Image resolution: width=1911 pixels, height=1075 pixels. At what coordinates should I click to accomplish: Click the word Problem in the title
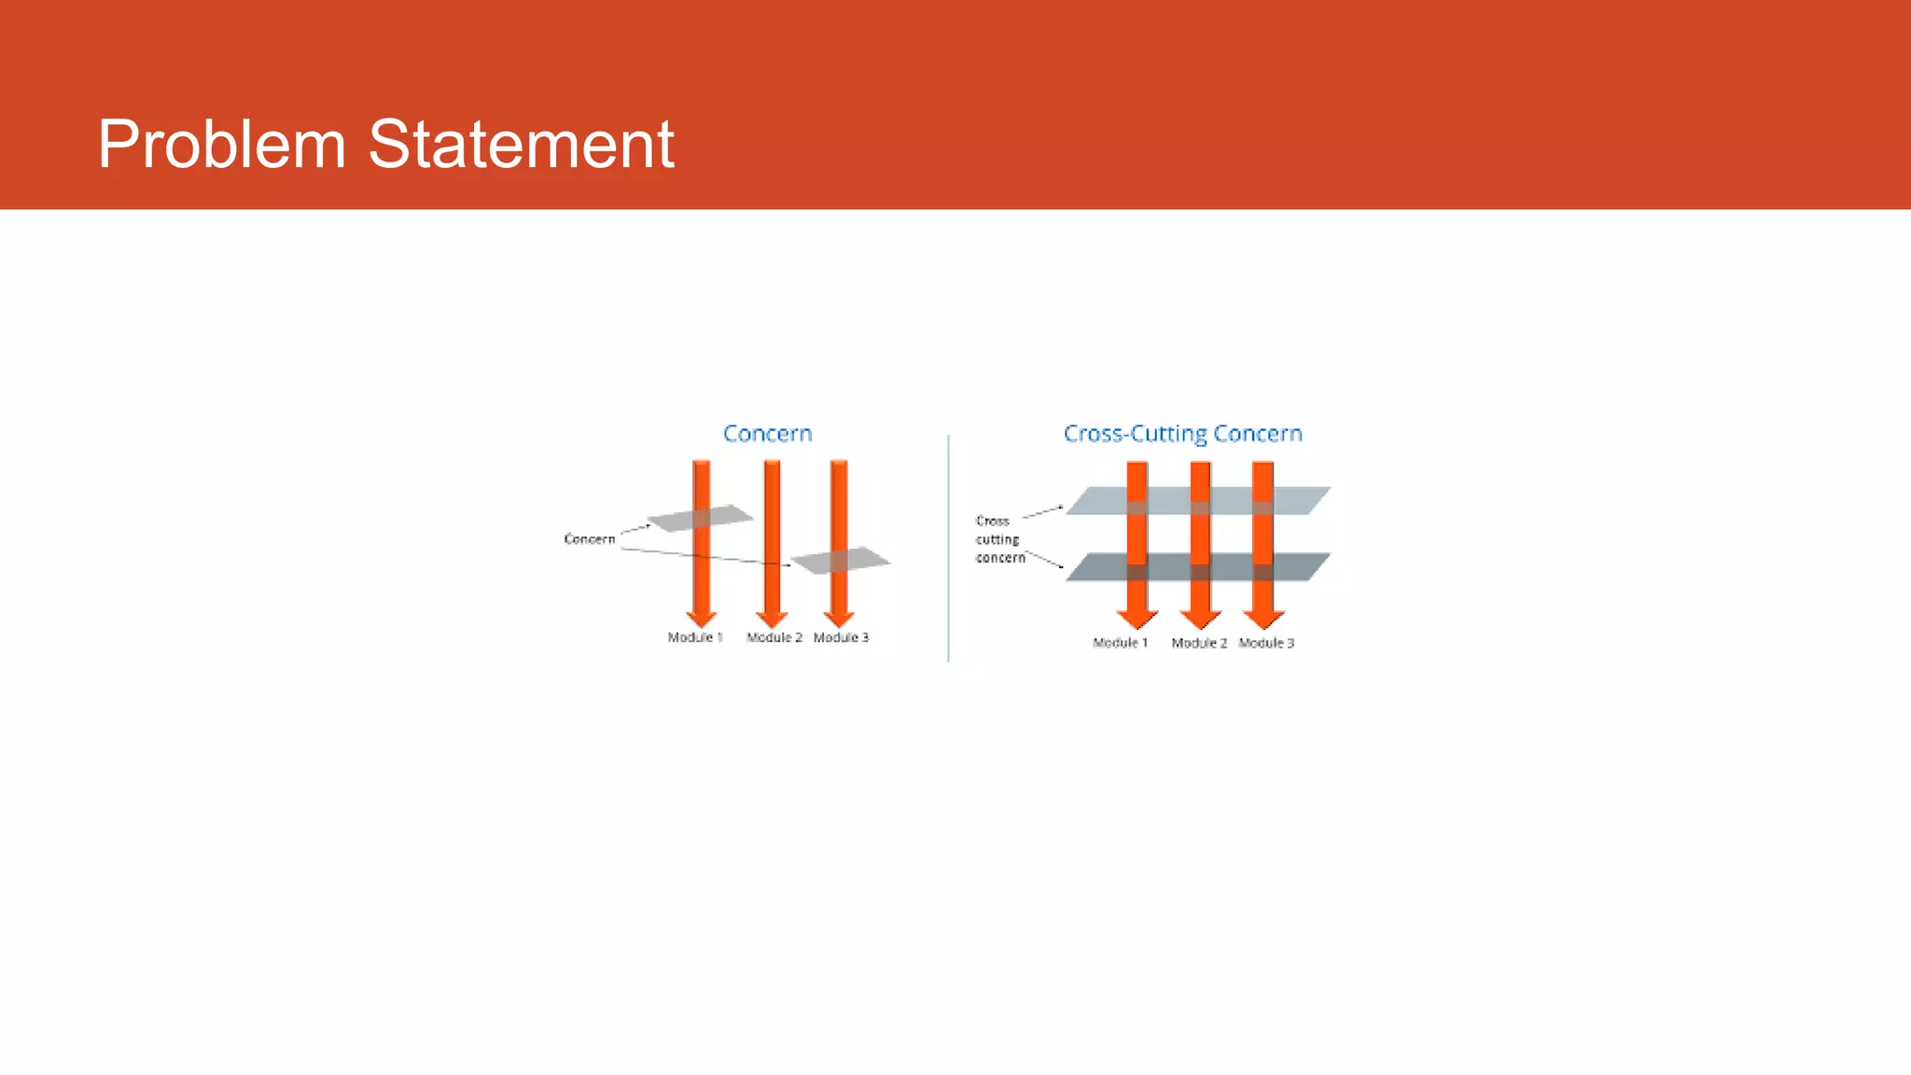pos(222,145)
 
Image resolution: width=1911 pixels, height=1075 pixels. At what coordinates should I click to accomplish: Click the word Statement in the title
pos(521,145)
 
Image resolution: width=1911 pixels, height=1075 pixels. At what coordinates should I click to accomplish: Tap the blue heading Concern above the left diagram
pos(768,434)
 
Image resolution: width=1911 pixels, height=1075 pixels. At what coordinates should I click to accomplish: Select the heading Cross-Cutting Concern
pos(1182,434)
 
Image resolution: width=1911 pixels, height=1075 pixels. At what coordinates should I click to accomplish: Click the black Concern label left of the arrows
pos(590,539)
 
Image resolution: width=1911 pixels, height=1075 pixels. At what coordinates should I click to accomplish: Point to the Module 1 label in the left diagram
pos(695,637)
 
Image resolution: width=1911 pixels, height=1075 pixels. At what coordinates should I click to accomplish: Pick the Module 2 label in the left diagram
pos(774,637)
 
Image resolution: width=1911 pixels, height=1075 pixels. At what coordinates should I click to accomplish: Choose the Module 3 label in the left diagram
pos(841,637)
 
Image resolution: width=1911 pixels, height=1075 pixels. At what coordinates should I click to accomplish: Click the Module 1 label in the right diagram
pos(1120,643)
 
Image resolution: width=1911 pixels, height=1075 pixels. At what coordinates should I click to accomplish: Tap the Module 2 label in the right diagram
pos(1199,643)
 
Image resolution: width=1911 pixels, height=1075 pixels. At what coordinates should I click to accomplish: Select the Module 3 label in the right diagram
pos(1266,643)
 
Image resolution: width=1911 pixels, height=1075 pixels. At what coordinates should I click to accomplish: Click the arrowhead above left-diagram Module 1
pos(702,619)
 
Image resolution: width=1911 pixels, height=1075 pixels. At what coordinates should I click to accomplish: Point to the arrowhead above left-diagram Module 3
pos(839,619)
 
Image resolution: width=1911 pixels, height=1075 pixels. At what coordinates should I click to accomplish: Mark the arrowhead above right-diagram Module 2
pos(1200,620)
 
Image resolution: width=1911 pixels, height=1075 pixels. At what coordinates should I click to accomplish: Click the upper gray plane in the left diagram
pos(700,518)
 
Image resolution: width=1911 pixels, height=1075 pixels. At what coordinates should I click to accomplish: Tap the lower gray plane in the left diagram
pos(840,560)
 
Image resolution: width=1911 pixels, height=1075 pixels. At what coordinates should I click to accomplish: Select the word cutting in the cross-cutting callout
pos(997,539)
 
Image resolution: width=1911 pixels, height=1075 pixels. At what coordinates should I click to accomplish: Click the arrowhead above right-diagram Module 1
pos(1137,620)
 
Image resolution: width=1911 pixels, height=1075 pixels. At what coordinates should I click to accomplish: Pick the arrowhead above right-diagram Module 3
pos(1263,620)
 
